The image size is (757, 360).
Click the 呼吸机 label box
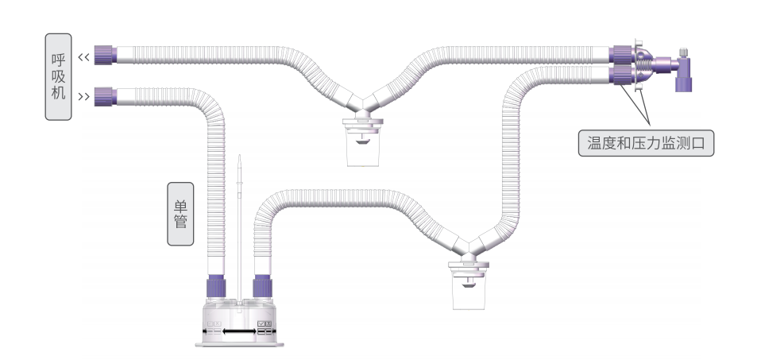59,77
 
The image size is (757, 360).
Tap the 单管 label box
180,214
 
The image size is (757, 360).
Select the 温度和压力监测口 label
646,143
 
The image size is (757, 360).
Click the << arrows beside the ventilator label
84,57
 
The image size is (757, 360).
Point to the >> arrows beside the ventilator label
84,97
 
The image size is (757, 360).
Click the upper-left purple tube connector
105,55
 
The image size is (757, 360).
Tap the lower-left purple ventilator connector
105,96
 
